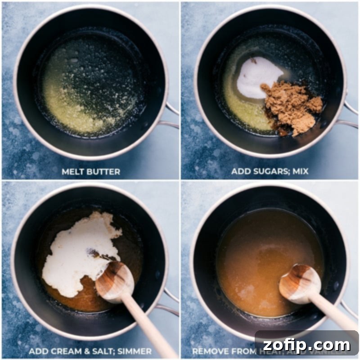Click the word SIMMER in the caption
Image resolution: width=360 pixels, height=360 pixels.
pos(134,351)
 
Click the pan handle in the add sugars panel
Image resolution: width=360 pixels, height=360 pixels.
pos(349,115)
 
